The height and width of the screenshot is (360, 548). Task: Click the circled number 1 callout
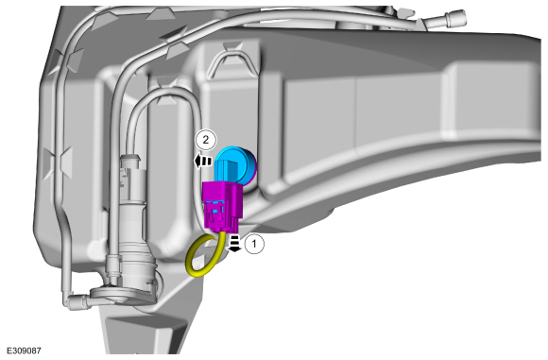coord(254,244)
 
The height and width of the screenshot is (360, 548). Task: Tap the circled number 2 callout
coord(206,140)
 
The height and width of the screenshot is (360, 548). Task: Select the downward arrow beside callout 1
coord(234,243)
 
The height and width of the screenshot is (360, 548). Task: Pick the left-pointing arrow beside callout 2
coord(203,162)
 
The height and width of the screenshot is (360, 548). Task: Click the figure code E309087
coord(24,351)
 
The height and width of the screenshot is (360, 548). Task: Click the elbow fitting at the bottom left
coord(77,300)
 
